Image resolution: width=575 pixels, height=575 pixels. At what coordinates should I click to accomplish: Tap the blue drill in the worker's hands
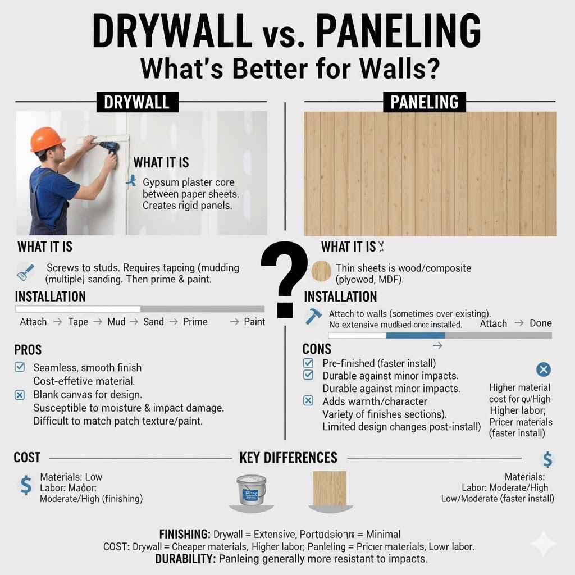coord(109,148)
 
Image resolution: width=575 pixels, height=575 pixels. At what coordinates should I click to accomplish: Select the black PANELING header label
coord(425,102)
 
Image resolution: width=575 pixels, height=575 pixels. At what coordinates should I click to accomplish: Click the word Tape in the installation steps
coord(78,322)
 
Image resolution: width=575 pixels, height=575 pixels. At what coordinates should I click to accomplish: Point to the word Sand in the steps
coord(153,322)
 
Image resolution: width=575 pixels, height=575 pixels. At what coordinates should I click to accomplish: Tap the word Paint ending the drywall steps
coord(254,322)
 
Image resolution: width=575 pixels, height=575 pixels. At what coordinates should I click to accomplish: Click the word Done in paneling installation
coord(541,323)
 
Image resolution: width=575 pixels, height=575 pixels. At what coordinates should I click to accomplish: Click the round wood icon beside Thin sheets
coord(322,272)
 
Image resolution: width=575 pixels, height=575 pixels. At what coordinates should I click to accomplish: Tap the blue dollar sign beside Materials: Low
coord(26,485)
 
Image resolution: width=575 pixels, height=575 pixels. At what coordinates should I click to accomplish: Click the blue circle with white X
coord(543,369)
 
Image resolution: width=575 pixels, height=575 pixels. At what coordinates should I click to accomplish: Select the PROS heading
coord(28,350)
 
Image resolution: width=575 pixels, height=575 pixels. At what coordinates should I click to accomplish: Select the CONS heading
coord(317,349)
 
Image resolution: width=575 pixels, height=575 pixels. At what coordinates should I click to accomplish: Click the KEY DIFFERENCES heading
coord(288,458)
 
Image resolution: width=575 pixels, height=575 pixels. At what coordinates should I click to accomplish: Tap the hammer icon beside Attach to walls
coord(313,317)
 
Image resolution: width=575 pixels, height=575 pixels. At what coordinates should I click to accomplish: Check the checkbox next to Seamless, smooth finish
coord(20,367)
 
